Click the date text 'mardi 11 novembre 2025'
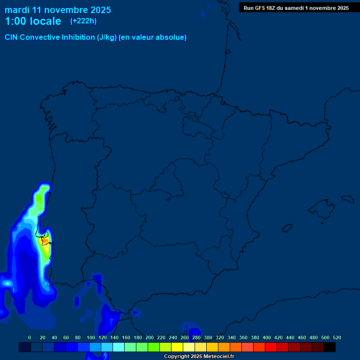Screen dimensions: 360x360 [x=58, y=10]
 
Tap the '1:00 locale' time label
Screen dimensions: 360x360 [x=33, y=22]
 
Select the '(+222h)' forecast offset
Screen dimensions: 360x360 [x=83, y=21]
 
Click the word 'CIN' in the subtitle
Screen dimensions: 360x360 [x=12, y=37]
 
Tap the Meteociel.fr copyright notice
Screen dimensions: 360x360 [x=199, y=357]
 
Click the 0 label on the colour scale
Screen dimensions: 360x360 [x=30, y=337]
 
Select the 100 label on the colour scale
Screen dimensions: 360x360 [x=91, y=337]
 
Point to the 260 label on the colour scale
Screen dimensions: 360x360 [x=185, y=337]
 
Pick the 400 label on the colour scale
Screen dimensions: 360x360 [x=267, y=337]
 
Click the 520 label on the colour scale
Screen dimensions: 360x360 [x=337, y=337]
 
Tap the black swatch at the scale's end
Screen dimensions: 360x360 [x=330, y=347]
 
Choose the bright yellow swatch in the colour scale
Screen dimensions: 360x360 [x=177, y=347]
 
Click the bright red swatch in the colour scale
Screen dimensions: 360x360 [x=271, y=347]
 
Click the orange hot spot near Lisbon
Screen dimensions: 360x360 [x=45, y=241]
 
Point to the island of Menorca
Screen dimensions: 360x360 [x=347, y=199]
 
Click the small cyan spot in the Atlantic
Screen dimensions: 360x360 [x=7, y=283]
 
